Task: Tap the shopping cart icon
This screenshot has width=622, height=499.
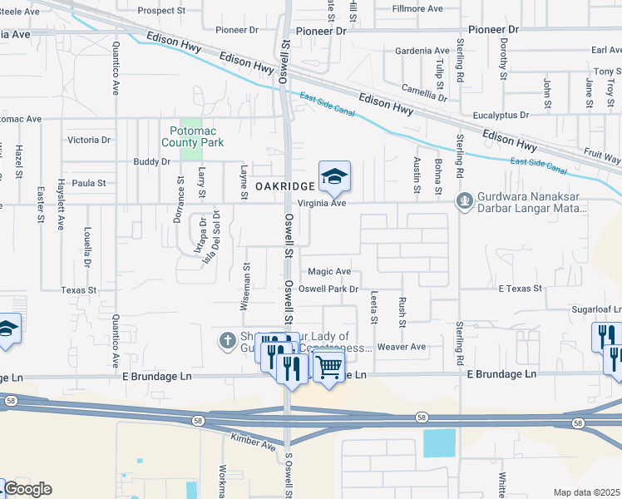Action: click(x=329, y=364)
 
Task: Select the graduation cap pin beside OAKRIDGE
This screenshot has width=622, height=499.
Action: click(x=334, y=176)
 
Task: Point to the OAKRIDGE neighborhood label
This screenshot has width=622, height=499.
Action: click(x=284, y=185)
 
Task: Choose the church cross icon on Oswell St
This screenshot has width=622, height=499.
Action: click(x=227, y=339)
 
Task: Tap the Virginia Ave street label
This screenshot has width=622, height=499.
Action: click(x=321, y=203)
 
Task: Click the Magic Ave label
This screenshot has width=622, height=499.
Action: click(x=329, y=271)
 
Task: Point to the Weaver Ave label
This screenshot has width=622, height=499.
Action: click(x=402, y=346)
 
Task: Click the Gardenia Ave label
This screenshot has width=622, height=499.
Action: click(x=422, y=51)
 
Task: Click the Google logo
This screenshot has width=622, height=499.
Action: click(x=28, y=489)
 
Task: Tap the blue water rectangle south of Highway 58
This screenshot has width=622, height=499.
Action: click(x=439, y=442)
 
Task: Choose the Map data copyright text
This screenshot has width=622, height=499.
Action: click(x=586, y=492)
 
